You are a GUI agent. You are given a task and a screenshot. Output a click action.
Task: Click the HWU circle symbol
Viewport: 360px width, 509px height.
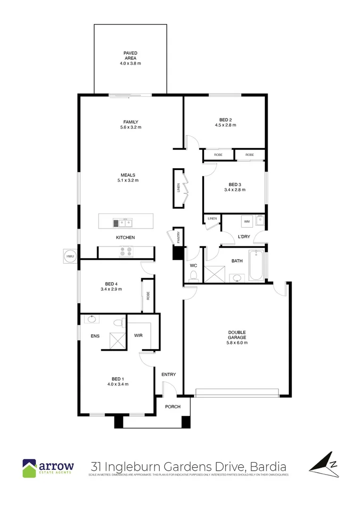click(x=70, y=256)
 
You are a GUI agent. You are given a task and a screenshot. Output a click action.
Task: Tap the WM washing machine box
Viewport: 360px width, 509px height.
click(x=246, y=221)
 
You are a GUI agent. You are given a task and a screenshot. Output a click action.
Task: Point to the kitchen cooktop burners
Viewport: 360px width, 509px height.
click(x=126, y=252)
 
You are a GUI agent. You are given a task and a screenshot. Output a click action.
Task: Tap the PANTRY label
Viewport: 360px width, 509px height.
click(x=179, y=239)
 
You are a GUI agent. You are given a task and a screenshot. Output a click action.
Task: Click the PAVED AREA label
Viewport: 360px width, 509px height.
click(x=130, y=56)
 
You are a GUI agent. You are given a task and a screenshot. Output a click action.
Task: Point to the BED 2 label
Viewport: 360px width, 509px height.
click(x=226, y=120)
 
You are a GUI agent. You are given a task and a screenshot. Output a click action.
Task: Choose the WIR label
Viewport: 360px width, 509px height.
click(x=139, y=336)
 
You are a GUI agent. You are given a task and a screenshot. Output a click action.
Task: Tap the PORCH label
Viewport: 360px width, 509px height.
click(x=172, y=407)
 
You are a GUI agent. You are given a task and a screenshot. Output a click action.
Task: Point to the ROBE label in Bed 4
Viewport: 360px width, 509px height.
click(x=147, y=296)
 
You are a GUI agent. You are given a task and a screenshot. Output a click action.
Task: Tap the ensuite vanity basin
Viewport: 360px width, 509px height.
click(x=91, y=319)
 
